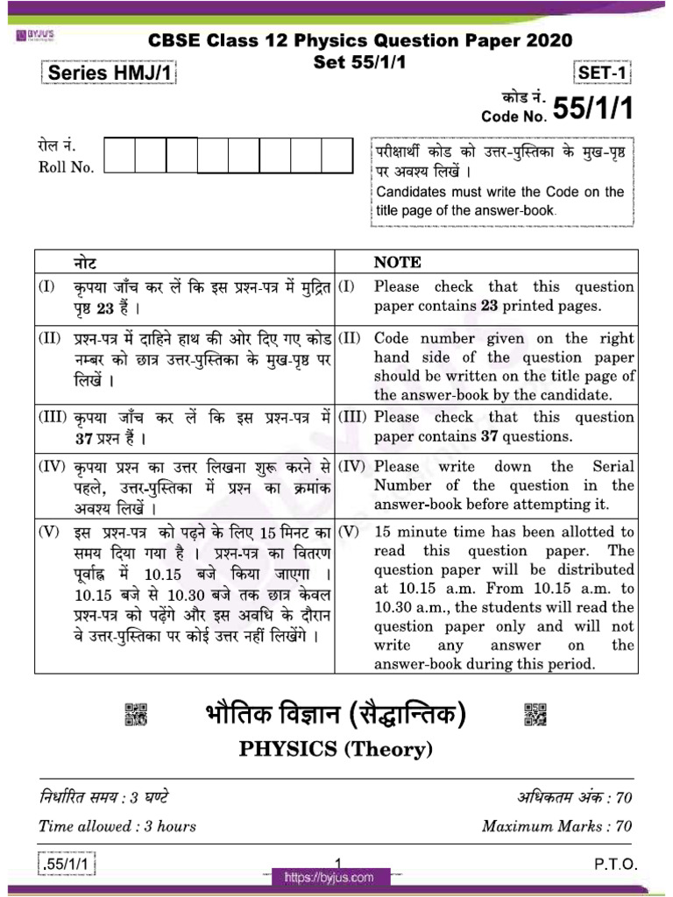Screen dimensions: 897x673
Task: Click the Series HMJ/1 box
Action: pyautogui.click(x=108, y=74)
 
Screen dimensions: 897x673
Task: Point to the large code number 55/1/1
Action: pyautogui.click(x=591, y=109)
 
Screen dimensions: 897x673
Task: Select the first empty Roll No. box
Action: pyautogui.click(x=119, y=156)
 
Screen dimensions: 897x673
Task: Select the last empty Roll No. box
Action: pyautogui.click(x=336, y=156)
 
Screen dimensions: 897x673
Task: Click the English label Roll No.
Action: pyautogui.click(x=66, y=167)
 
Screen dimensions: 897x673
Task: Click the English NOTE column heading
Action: pyautogui.click(x=397, y=262)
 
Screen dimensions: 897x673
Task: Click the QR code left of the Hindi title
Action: pyautogui.click(x=137, y=714)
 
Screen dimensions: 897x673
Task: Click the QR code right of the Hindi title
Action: pyautogui.click(x=535, y=714)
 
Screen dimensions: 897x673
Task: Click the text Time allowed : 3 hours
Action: pyautogui.click(x=117, y=826)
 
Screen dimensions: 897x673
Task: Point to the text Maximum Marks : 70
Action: pyautogui.click(x=556, y=826)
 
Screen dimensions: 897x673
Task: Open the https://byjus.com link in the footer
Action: pyautogui.click(x=328, y=877)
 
